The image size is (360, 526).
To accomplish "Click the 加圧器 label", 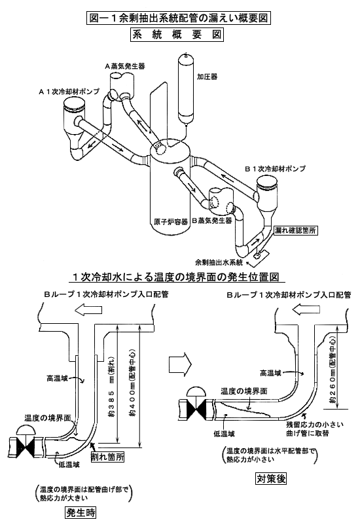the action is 207,77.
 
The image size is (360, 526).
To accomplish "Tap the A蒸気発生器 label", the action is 125,66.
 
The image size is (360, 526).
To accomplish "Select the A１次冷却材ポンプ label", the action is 69,91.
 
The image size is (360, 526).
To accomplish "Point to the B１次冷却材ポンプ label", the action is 275,168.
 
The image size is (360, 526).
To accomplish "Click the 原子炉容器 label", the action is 168,222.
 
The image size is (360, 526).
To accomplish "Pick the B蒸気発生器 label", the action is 212,220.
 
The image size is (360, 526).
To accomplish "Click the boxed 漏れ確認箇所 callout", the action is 295,230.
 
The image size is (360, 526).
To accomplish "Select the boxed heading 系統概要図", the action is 177,35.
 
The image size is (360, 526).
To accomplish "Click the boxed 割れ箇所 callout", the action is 107,457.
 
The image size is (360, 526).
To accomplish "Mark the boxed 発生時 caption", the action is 81,512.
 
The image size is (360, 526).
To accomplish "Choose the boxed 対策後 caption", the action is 271,478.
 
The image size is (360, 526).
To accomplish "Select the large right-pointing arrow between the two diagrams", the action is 180,363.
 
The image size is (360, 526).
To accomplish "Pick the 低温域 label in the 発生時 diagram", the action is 69,465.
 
